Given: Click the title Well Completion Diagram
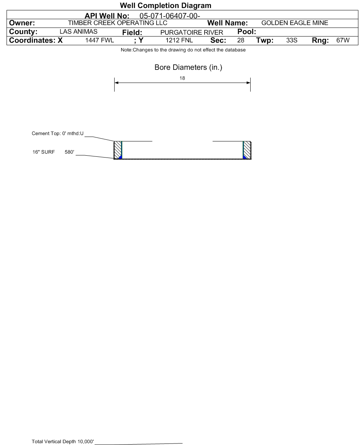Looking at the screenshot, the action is [165, 5].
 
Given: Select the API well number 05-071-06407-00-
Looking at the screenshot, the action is [170, 16].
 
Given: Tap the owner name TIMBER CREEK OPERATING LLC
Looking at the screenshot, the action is [118, 23].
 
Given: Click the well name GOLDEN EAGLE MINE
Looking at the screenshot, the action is [295, 23].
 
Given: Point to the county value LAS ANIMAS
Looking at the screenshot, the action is [78, 31].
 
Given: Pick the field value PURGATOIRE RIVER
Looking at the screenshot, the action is [192, 32].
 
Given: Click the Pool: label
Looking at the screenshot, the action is [247, 31].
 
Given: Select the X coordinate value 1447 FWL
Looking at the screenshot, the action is [99, 40].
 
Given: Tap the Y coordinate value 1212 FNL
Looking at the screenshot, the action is [179, 40].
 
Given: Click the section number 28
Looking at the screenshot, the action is [241, 40].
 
